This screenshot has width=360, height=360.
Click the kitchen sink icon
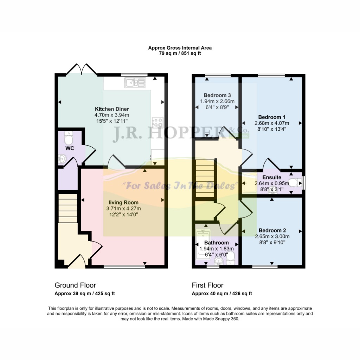pyautogui.click(x=135, y=83)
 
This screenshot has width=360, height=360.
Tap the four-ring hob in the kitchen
pyautogui.click(x=158, y=122)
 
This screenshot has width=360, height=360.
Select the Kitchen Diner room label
pyautogui.click(x=112, y=109)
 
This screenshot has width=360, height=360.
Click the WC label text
pyautogui.click(x=70, y=148)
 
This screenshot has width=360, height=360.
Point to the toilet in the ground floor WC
pyautogui.click(x=69, y=138)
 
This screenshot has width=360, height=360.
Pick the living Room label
pyautogui.click(x=123, y=202)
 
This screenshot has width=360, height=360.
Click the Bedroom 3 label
pyautogui.click(x=217, y=95)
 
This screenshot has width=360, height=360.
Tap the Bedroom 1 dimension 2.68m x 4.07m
pyautogui.click(x=272, y=123)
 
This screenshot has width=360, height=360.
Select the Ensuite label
pyautogui.click(x=272, y=178)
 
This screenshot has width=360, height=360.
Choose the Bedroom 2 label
pyautogui.click(x=272, y=230)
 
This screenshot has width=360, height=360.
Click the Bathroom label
pyautogui.click(x=217, y=243)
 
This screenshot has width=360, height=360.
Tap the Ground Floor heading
pyautogui.click(x=75, y=285)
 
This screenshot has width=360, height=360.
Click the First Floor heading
pyautogui.click(x=207, y=285)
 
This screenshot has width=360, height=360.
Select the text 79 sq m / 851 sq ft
pyautogui.click(x=180, y=53)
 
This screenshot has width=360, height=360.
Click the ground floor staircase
pyautogui.click(x=68, y=208)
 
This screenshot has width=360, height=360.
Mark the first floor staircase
pyautogui.click(x=205, y=178)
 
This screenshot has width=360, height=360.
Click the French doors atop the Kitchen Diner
pyautogui.click(x=82, y=69)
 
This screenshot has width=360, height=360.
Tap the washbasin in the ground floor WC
pyautogui.click(x=62, y=159)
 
